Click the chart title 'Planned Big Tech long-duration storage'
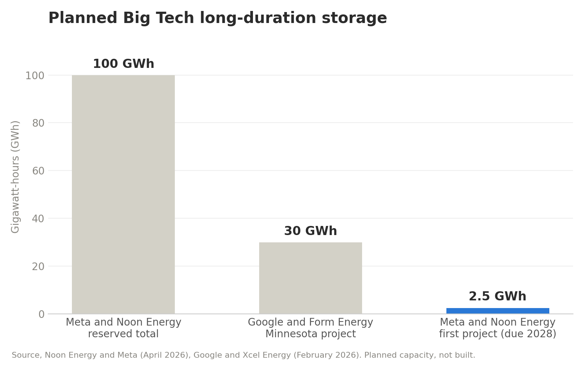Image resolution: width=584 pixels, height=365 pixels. coord(218,18)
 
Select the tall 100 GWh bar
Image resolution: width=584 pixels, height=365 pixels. coord(123,195)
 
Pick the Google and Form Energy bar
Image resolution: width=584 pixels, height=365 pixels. coord(311,278)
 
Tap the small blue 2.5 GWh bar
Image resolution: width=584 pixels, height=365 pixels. coord(498,311)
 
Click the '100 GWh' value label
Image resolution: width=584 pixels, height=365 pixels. coord(124,64)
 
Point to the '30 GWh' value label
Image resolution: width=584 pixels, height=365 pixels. coord(311,231)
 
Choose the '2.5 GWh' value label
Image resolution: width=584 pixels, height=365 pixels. coord(498,296)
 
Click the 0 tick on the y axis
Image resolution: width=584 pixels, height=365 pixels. coord(42,314)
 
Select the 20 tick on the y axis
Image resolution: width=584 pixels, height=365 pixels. coord(38,266)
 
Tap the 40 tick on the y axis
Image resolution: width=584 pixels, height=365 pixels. coord(38,219)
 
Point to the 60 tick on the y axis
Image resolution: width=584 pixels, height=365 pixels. coord(38,171)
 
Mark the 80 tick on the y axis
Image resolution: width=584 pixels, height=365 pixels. coord(38,123)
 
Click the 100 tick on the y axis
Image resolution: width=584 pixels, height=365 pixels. coord(35,76)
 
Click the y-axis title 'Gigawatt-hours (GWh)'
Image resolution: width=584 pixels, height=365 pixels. coord(15,177)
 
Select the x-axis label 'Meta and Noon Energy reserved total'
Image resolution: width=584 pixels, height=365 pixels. coord(123,328)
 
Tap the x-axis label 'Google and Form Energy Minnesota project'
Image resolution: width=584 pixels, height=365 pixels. coord(311,328)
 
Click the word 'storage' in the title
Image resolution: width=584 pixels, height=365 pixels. coord(354,19)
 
